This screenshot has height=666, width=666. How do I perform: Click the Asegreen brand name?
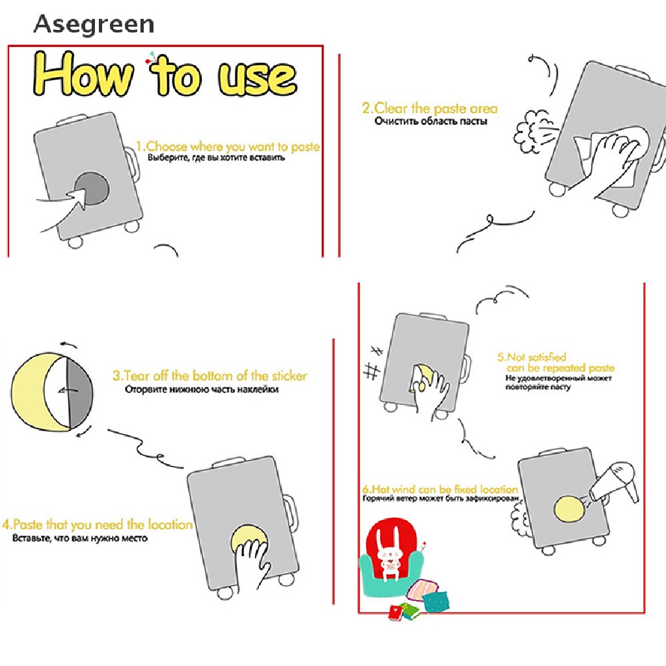94,24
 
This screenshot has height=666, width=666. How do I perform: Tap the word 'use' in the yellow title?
258,77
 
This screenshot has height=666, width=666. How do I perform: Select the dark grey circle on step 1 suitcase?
92,189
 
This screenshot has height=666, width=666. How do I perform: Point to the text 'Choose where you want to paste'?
232,146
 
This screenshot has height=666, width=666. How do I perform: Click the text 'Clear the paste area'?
436,109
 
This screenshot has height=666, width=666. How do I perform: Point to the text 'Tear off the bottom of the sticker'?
215,376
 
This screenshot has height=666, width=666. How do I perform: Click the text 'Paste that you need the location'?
103,525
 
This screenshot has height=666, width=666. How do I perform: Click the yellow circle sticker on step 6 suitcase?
569,509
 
